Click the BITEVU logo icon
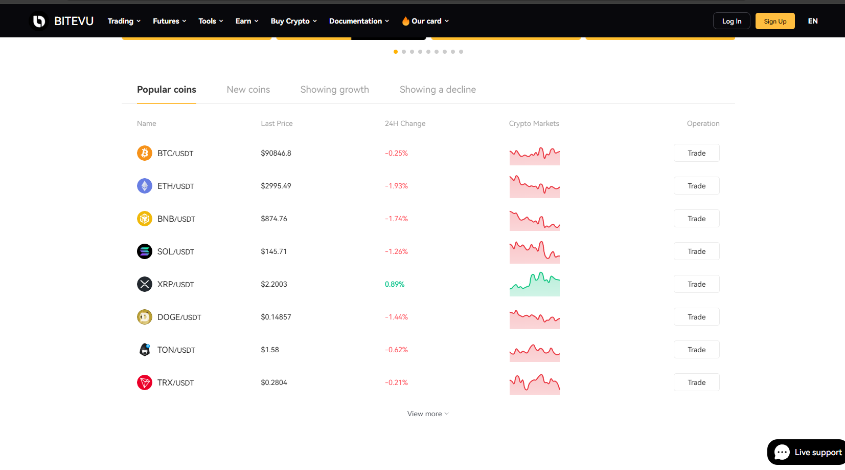coord(39,21)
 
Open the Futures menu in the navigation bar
coord(169,21)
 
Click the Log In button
coord(731,21)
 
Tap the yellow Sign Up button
coord(774,21)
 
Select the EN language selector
coord(812,21)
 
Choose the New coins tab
coord(248,90)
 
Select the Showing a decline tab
coord(437,90)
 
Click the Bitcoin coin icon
coord(145,153)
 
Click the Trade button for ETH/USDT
coord(696,186)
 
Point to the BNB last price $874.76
coord(273,219)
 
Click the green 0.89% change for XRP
coord(394,284)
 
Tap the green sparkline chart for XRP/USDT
coord(534,285)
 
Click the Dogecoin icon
coord(145,317)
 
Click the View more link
coord(427,414)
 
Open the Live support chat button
coord(808,452)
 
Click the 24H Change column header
coord(405,123)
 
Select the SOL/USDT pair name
coord(175,251)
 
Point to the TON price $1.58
coord(269,350)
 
